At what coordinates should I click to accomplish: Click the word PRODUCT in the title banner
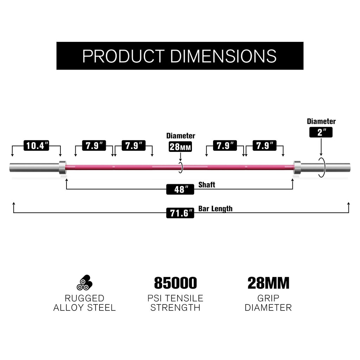pos(124,56)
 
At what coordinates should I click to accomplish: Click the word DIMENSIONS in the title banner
pos(223,56)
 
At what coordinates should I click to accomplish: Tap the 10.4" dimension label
pos(36,146)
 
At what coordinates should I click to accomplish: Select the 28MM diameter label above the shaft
pos(180,147)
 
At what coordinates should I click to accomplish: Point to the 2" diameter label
pos(321,132)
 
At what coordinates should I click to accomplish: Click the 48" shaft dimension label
pos(180,189)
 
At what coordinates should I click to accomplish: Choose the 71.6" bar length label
pos(180,213)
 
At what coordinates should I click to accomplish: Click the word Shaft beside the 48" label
pos(207,185)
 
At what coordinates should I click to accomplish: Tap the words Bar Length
pos(216,209)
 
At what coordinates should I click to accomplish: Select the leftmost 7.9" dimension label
pos(94,146)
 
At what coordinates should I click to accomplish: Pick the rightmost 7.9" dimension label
pos(264,146)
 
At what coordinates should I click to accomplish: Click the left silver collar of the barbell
pos(63,167)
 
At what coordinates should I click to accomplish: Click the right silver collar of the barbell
pos(297,167)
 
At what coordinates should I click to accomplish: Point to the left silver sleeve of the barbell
pos(34,167)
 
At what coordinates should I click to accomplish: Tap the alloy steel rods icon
pos(84,282)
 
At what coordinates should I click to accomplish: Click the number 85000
pos(175,283)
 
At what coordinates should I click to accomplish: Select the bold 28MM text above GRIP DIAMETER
pos(268,283)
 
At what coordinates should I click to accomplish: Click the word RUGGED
pos(84,298)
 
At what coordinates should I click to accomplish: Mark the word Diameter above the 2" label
pos(321,121)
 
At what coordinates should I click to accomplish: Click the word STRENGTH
pos(175,308)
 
